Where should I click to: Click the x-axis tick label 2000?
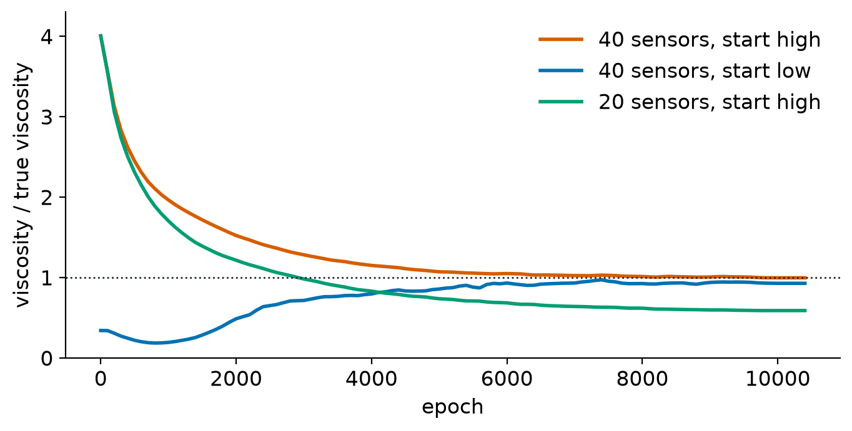pyautogui.click(x=236, y=379)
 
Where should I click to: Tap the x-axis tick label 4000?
pyautogui.click(x=371, y=379)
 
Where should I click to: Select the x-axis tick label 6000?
pyautogui.click(x=507, y=379)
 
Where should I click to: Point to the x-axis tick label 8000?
pyautogui.click(x=642, y=379)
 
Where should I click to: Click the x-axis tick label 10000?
pyautogui.click(x=778, y=379)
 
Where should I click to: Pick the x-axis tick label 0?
pyautogui.click(x=101, y=379)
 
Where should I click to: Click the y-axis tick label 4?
pyautogui.click(x=47, y=37)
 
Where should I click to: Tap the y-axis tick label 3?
pyautogui.click(x=47, y=117)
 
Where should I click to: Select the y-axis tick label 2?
pyautogui.click(x=47, y=198)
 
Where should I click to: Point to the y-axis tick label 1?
pyautogui.click(x=47, y=278)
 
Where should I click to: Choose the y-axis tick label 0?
pyautogui.click(x=47, y=359)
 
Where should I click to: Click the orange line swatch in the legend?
pyautogui.click(x=561, y=39)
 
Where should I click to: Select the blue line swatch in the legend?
pyautogui.click(x=561, y=70)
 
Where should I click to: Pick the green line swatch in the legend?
pyautogui.click(x=561, y=102)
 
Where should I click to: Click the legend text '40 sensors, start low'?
pyautogui.click(x=705, y=70)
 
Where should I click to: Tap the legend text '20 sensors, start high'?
pyautogui.click(x=710, y=102)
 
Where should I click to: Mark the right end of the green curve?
pyautogui.click(x=806, y=311)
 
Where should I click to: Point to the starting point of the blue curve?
pyautogui.click(x=100, y=331)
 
